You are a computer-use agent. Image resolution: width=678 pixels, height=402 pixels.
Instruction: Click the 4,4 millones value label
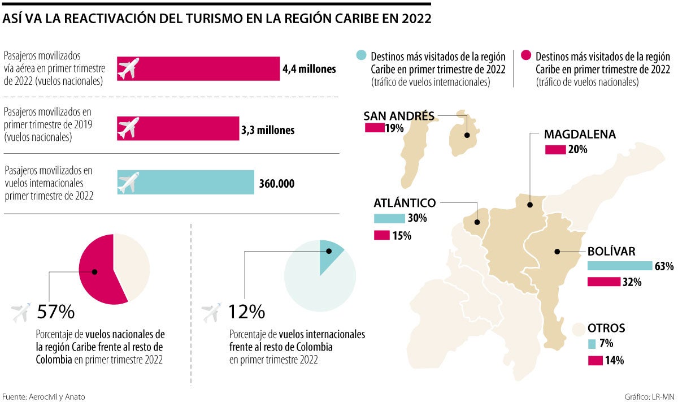pyautogui.click(x=309, y=69)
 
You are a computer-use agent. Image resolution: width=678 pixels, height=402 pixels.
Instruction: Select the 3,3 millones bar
pyautogui.click(x=178, y=128)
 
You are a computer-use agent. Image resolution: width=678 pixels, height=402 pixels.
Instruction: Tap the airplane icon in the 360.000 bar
pyautogui.click(x=129, y=182)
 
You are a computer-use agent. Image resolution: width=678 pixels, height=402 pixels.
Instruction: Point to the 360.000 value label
pyautogui.click(x=277, y=184)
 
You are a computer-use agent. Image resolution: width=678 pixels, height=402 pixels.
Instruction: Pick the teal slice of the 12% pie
pyautogui.click(x=329, y=255)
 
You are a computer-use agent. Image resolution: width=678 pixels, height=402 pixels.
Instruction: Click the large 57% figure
pyautogui.click(x=55, y=312)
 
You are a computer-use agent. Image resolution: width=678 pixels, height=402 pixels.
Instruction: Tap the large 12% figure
pyautogui.click(x=246, y=312)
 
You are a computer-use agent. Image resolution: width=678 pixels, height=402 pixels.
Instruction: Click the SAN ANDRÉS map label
pyautogui.click(x=399, y=116)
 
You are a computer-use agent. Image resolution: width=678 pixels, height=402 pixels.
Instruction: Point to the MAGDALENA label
pyautogui.click(x=580, y=135)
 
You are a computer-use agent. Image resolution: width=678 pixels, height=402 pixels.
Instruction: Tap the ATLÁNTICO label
pyautogui.click(x=405, y=202)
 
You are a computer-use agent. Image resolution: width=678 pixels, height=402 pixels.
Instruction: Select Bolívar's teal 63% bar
pyautogui.click(x=620, y=266)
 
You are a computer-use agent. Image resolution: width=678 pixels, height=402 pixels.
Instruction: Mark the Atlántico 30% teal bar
pyautogui.click(x=389, y=218)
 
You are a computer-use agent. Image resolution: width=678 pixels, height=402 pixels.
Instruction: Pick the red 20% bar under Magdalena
pyautogui.click(x=555, y=150)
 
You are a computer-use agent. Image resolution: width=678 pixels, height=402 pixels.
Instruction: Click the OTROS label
pyautogui.click(x=606, y=328)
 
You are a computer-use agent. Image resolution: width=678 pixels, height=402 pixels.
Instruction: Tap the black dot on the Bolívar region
pyautogui.click(x=557, y=251)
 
